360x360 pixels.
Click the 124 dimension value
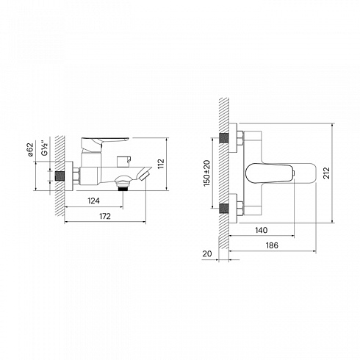93,201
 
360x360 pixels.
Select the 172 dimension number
105,216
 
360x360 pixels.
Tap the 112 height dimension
161,164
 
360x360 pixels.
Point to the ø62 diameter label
30,149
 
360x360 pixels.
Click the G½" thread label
45,148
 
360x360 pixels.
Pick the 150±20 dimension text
206,173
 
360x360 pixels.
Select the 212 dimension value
327,173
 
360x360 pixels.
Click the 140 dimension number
261,230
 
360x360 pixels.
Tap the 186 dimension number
272,245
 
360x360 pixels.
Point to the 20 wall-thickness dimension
207,253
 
